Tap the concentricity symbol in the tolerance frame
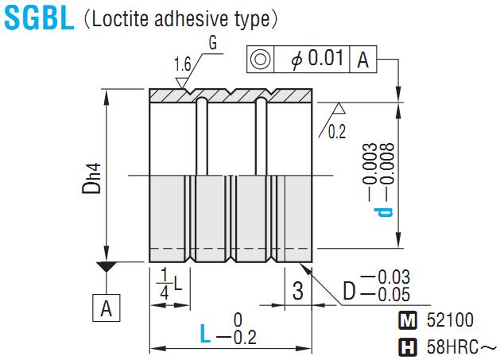click(x=259, y=60)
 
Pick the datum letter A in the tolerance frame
click(x=362, y=60)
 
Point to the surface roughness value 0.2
click(x=337, y=132)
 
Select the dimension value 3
click(x=297, y=292)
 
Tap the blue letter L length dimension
click(x=205, y=335)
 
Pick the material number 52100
click(x=449, y=321)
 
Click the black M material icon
click(x=406, y=321)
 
